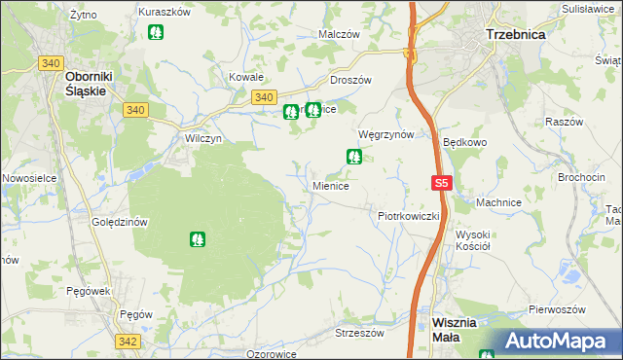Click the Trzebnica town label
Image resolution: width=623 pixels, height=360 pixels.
(x=515, y=33)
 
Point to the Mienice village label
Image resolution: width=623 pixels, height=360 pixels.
(x=330, y=185)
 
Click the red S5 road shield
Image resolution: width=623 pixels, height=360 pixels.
(x=442, y=183)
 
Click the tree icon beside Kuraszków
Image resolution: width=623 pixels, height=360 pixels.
(x=155, y=32)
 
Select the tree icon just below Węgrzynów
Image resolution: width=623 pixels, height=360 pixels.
(x=354, y=156)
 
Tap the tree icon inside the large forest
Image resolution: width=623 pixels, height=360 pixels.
(x=198, y=238)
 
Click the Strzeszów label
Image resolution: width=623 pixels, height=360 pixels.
(x=359, y=332)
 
